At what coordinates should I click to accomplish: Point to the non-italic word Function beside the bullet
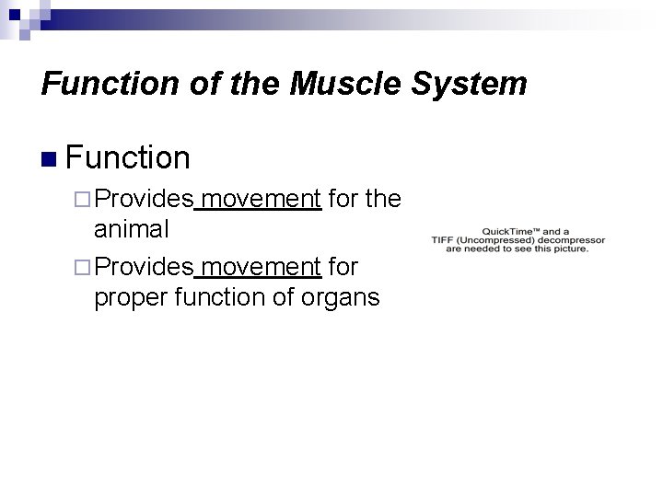click(128, 157)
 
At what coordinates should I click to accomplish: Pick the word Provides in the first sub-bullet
click(144, 198)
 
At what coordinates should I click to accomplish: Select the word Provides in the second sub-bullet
click(144, 266)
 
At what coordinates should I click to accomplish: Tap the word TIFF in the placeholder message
click(446, 240)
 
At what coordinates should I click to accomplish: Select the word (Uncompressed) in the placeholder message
click(495, 240)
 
